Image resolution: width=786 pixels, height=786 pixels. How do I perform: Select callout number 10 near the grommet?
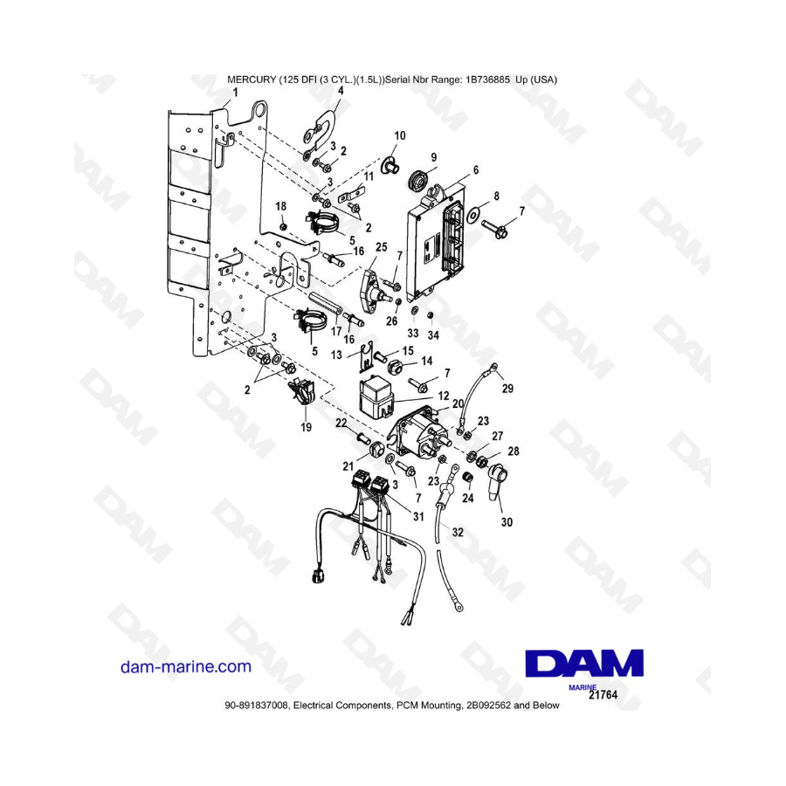pos(400,136)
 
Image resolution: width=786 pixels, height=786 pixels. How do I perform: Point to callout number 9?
pos(432,157)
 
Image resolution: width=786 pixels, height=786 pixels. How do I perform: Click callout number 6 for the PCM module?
pos(476,169)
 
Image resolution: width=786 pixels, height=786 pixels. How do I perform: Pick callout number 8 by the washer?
pos(497,196)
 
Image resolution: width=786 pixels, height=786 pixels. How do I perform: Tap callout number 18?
pos(281,205)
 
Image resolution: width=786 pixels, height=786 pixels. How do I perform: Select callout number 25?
pos(381,248)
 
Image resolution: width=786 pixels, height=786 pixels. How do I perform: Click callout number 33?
pos(413,333)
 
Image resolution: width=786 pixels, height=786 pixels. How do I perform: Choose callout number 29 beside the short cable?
pos(508,387)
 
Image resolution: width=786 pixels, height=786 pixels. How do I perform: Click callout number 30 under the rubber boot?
pos(507,522)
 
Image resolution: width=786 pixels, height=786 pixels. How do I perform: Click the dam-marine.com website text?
pos(185,666)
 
